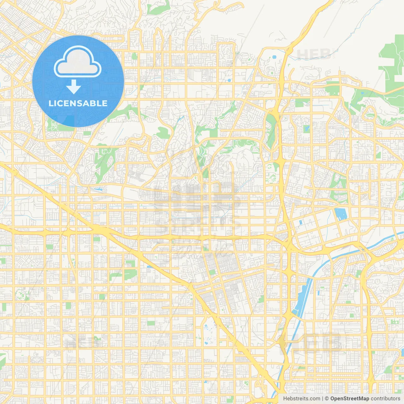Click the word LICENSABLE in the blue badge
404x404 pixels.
pos(78,104)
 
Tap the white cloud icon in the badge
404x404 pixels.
pos(78,62)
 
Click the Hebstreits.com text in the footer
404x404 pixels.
pos(301,399)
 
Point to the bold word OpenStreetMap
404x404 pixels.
pos(349,399)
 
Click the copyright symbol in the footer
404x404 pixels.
pos(327,399)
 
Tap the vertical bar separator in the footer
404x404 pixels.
pos(322,399)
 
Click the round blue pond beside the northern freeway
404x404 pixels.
pos(274,57)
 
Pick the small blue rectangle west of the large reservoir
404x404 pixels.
pos(300,222)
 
